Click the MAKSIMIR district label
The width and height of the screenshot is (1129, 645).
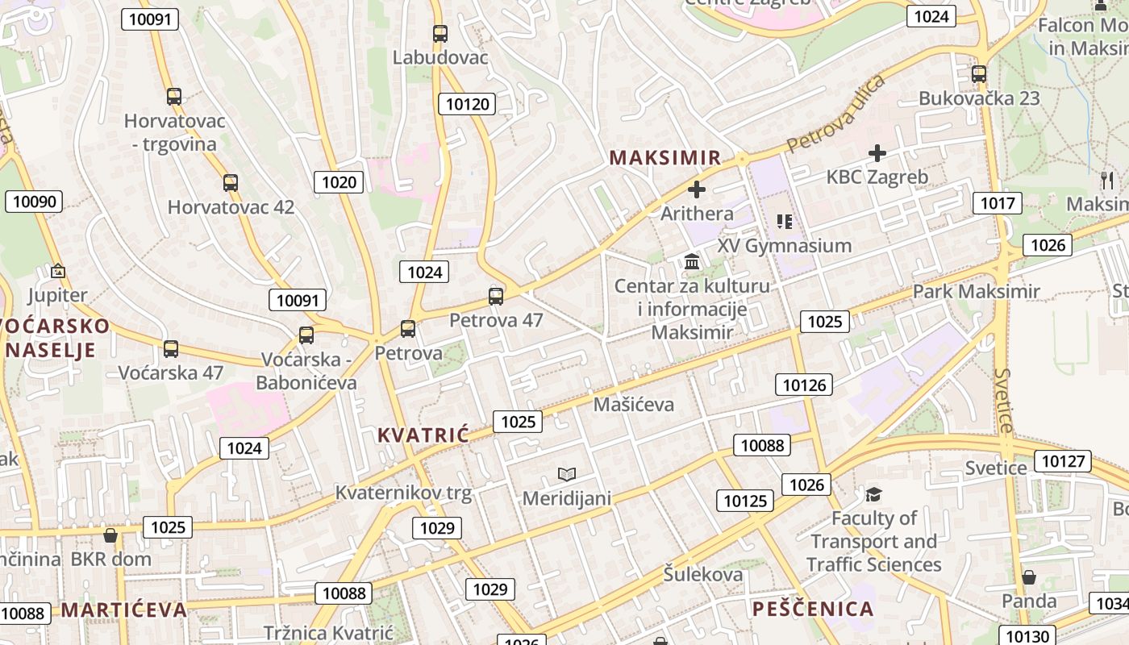(x=665, y=158)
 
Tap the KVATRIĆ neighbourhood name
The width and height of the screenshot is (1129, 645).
(x=423, y=436)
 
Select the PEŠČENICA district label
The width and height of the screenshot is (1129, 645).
(x=813, y=609)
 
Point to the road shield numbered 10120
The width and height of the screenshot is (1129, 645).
(x=467, y=104)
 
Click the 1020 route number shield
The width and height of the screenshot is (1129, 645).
(x=339, y=182)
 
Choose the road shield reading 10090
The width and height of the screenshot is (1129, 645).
(x=34, y=202)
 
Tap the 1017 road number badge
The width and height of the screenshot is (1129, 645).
(x=997, y=203)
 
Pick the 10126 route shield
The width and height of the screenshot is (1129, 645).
(x=804, y=385)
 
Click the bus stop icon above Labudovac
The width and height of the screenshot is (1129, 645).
(x=440, y=34)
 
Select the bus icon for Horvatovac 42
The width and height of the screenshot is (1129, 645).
(x=231, y=183)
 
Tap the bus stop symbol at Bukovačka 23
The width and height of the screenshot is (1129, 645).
(x=979, y=74)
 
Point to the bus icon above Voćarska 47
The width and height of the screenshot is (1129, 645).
(x=171, y=349)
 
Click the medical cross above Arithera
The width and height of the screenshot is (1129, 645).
(x=697, y=190)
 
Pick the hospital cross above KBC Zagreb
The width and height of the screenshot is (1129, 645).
(x=877, y=153)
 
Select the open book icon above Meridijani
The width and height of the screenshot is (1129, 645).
(x=567, y=474)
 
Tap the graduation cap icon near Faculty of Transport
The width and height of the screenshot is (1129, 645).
(x=873, y=493)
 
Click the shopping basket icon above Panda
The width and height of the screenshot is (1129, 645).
(x=1029, y=577)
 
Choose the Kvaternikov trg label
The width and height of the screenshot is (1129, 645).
(x=403, y=493)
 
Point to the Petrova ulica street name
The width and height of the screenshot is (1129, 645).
(x=835, y=114)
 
